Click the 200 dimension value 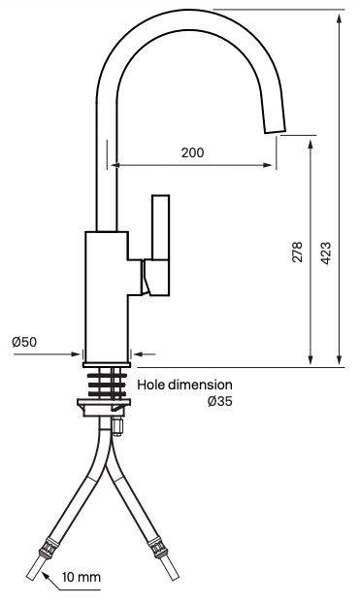point(192,152)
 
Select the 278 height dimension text point(297,252)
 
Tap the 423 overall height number point(326,252)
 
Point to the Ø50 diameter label point(24,342)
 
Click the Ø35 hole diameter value point(220,401)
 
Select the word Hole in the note point(151,385)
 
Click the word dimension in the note point(200,385)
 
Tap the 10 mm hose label point(82,577)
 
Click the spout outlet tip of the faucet point(275,128)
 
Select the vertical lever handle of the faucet point(160,227)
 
